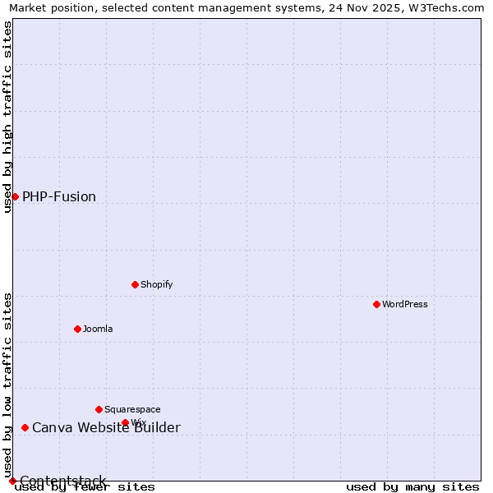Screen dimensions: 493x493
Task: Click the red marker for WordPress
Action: (x=376, y=304)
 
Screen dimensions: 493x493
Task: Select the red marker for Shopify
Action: (x=135, y=284)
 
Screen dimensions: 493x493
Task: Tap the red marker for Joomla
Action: (x=77, y=329)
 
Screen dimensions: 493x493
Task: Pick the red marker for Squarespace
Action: (x=99, y=409)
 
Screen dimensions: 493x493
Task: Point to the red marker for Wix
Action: (x=125, y=422)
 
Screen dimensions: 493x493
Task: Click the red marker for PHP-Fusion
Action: (x=15, y=196)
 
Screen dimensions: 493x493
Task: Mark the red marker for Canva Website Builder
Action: (x=25, y=427)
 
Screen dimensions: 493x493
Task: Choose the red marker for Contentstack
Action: (x=12, y=481)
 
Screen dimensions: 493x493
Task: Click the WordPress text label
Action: (x=404, y=304)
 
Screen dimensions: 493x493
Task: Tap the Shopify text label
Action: (x=156, y=284)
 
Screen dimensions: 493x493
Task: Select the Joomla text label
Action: (x=98, y=329)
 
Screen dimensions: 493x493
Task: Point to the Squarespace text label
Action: (x=132, y=409)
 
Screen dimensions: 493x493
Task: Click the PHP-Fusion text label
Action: (x=59, y=196)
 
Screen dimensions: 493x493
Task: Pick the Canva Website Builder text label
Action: (x=106, y=427)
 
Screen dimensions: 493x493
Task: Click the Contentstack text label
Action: (x=63, y=481)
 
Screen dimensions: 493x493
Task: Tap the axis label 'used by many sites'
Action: (x=412, y=487)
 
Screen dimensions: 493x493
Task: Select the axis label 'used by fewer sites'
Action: (x=85, y=487)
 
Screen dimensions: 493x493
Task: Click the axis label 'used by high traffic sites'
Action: (x=7, y=117)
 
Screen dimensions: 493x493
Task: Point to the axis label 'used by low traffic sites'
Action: (x=7, y=385)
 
